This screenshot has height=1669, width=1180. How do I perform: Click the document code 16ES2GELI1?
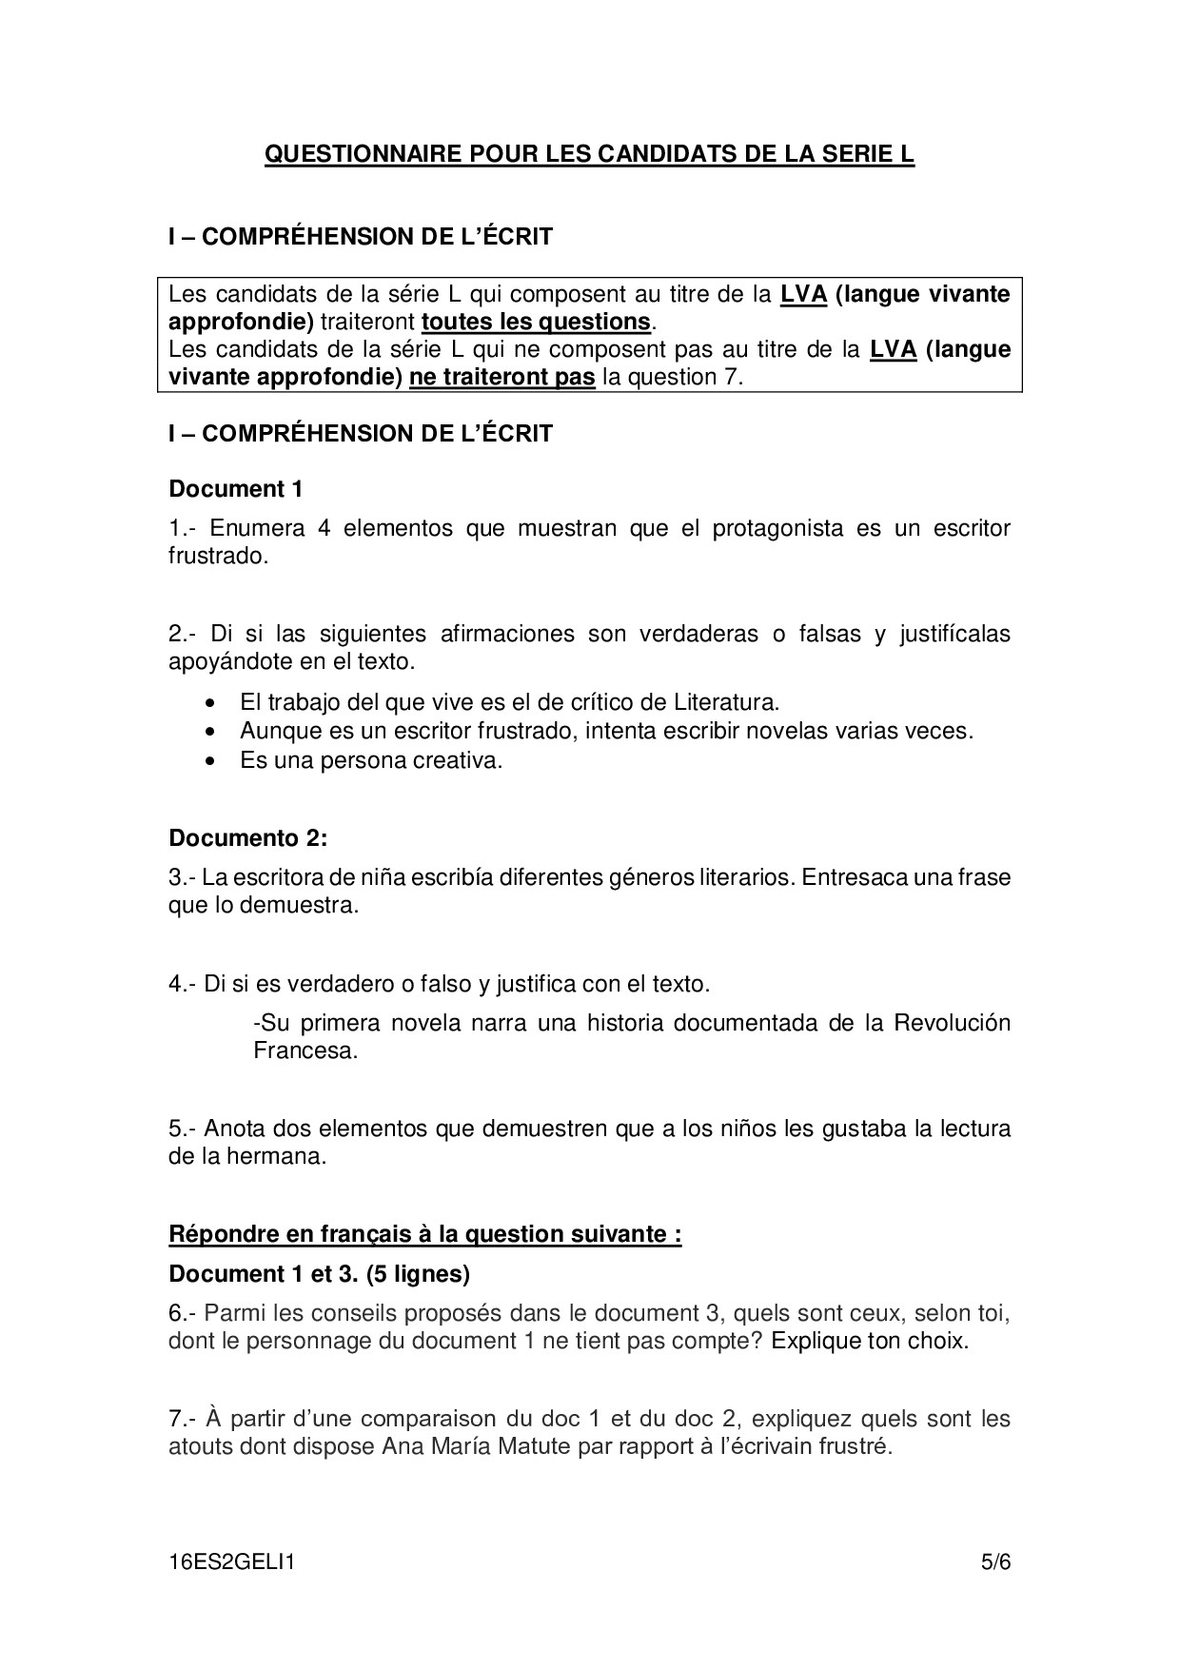click(x=231, y=1561)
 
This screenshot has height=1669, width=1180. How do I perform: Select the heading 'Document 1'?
click(x=235, y=489)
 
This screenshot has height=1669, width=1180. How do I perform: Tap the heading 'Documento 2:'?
click(x=247, y=838)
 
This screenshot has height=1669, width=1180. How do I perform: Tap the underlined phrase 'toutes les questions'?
click(x=536, y=322)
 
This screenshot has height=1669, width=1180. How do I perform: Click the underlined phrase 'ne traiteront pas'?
click(x=501, y=377)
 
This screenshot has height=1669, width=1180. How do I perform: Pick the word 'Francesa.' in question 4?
click(x=305, y=1051)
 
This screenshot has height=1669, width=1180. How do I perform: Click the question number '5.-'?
click(x=183, y=1129)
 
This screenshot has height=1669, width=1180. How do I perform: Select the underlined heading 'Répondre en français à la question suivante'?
click(x=424, y=1235)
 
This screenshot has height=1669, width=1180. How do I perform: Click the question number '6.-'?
click(x=183, y=1314)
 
